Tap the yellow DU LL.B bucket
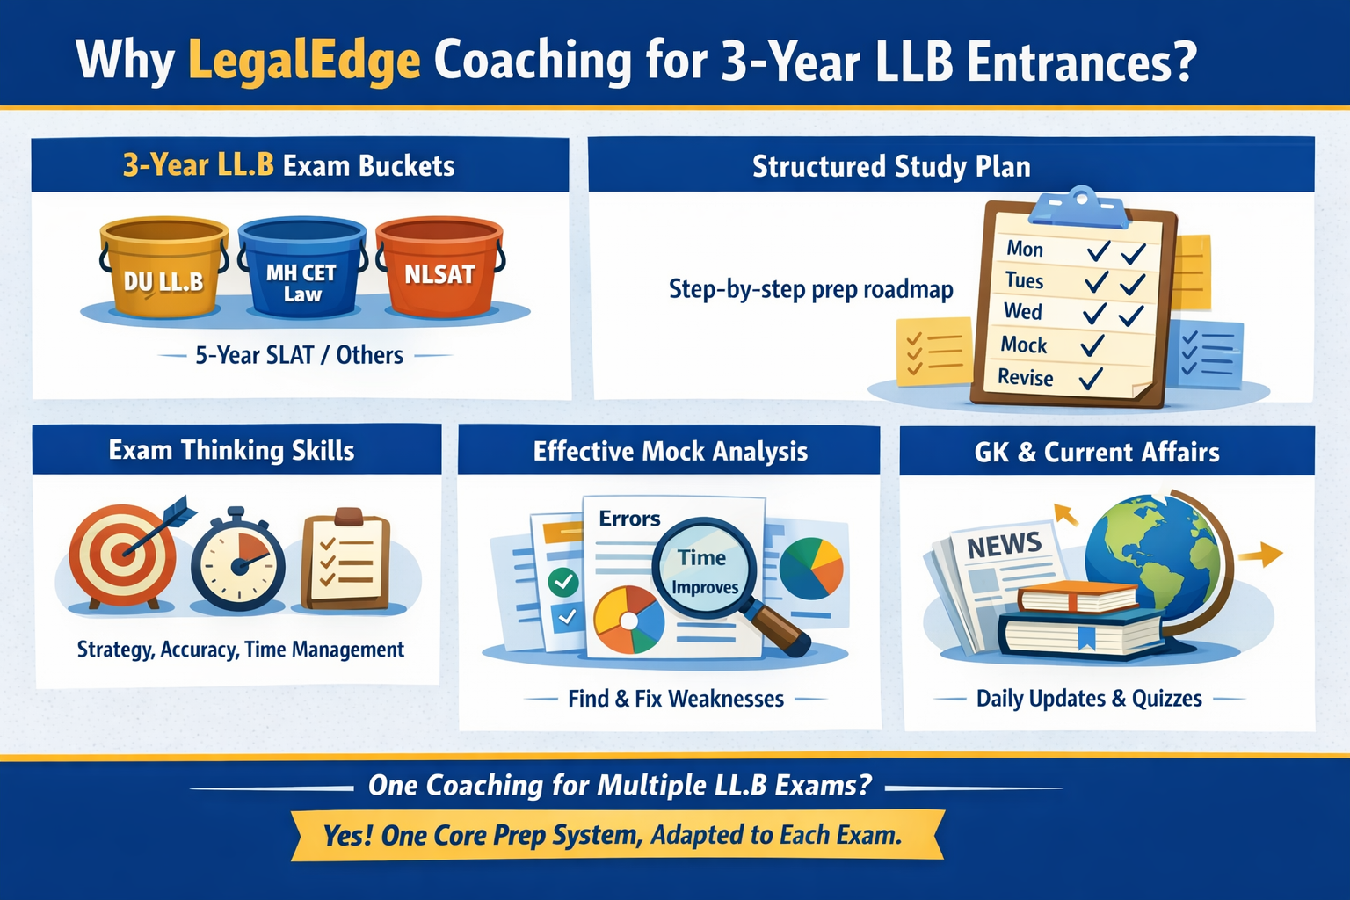coord(163,268)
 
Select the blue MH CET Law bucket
coord(301,268)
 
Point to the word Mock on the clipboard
coord(1024,345)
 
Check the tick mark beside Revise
coord(1091,379)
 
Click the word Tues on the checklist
coord(1024,280)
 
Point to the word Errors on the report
coord(629,519)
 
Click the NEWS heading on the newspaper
coord(1004,545)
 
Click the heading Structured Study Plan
coord(891,166)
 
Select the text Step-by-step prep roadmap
coord(810,289)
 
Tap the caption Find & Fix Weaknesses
coord(675,699)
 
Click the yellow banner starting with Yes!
coord(615,835)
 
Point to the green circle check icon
coord(562,581)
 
